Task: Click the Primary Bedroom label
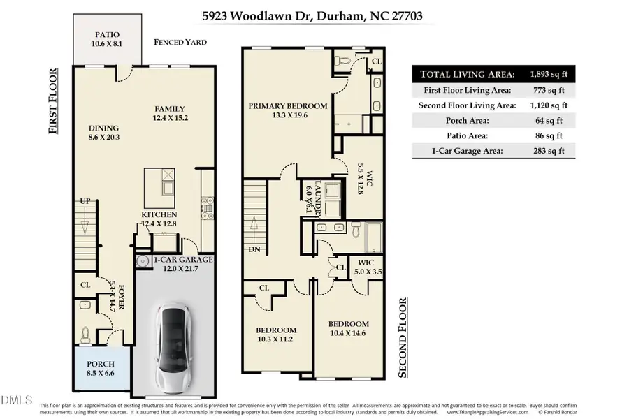287,110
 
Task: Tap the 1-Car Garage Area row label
464,150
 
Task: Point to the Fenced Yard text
180,42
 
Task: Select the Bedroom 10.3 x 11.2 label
275,335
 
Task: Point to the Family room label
169,113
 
